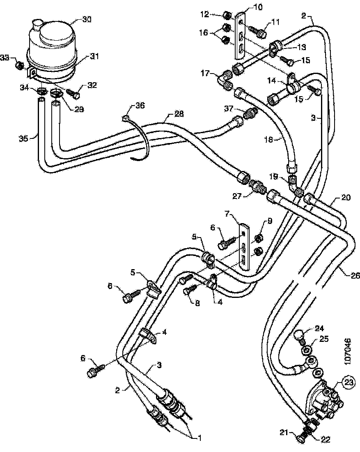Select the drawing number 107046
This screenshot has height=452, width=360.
348,351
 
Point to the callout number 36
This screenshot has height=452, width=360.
140,105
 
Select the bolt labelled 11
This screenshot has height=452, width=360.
261,30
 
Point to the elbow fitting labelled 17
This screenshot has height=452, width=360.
226,79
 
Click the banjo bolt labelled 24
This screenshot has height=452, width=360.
300,337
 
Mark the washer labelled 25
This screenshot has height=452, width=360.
306,351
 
